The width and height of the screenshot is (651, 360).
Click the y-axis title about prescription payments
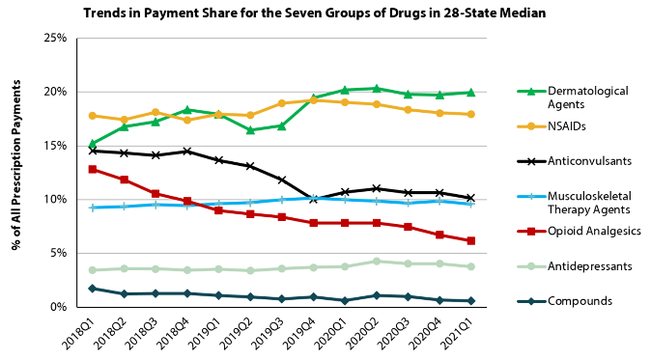(16, 173)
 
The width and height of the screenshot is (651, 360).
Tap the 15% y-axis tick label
(53, 146)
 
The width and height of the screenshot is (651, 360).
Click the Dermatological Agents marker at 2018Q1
(93, 144)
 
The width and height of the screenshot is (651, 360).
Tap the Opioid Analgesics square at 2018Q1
(93, 169)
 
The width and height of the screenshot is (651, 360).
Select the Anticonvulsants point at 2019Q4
(313, 199)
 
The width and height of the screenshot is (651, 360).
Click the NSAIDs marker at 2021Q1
(470, 114)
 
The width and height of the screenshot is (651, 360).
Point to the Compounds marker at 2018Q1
(93, 288)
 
